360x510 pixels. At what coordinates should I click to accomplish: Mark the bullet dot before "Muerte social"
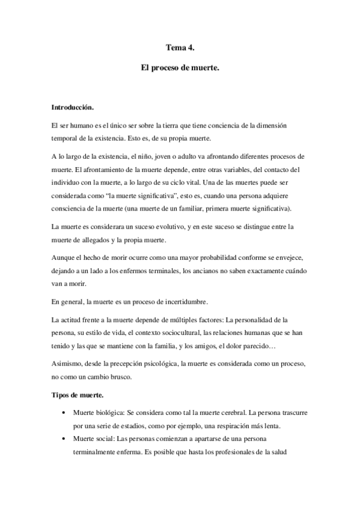(x=64, y=440)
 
